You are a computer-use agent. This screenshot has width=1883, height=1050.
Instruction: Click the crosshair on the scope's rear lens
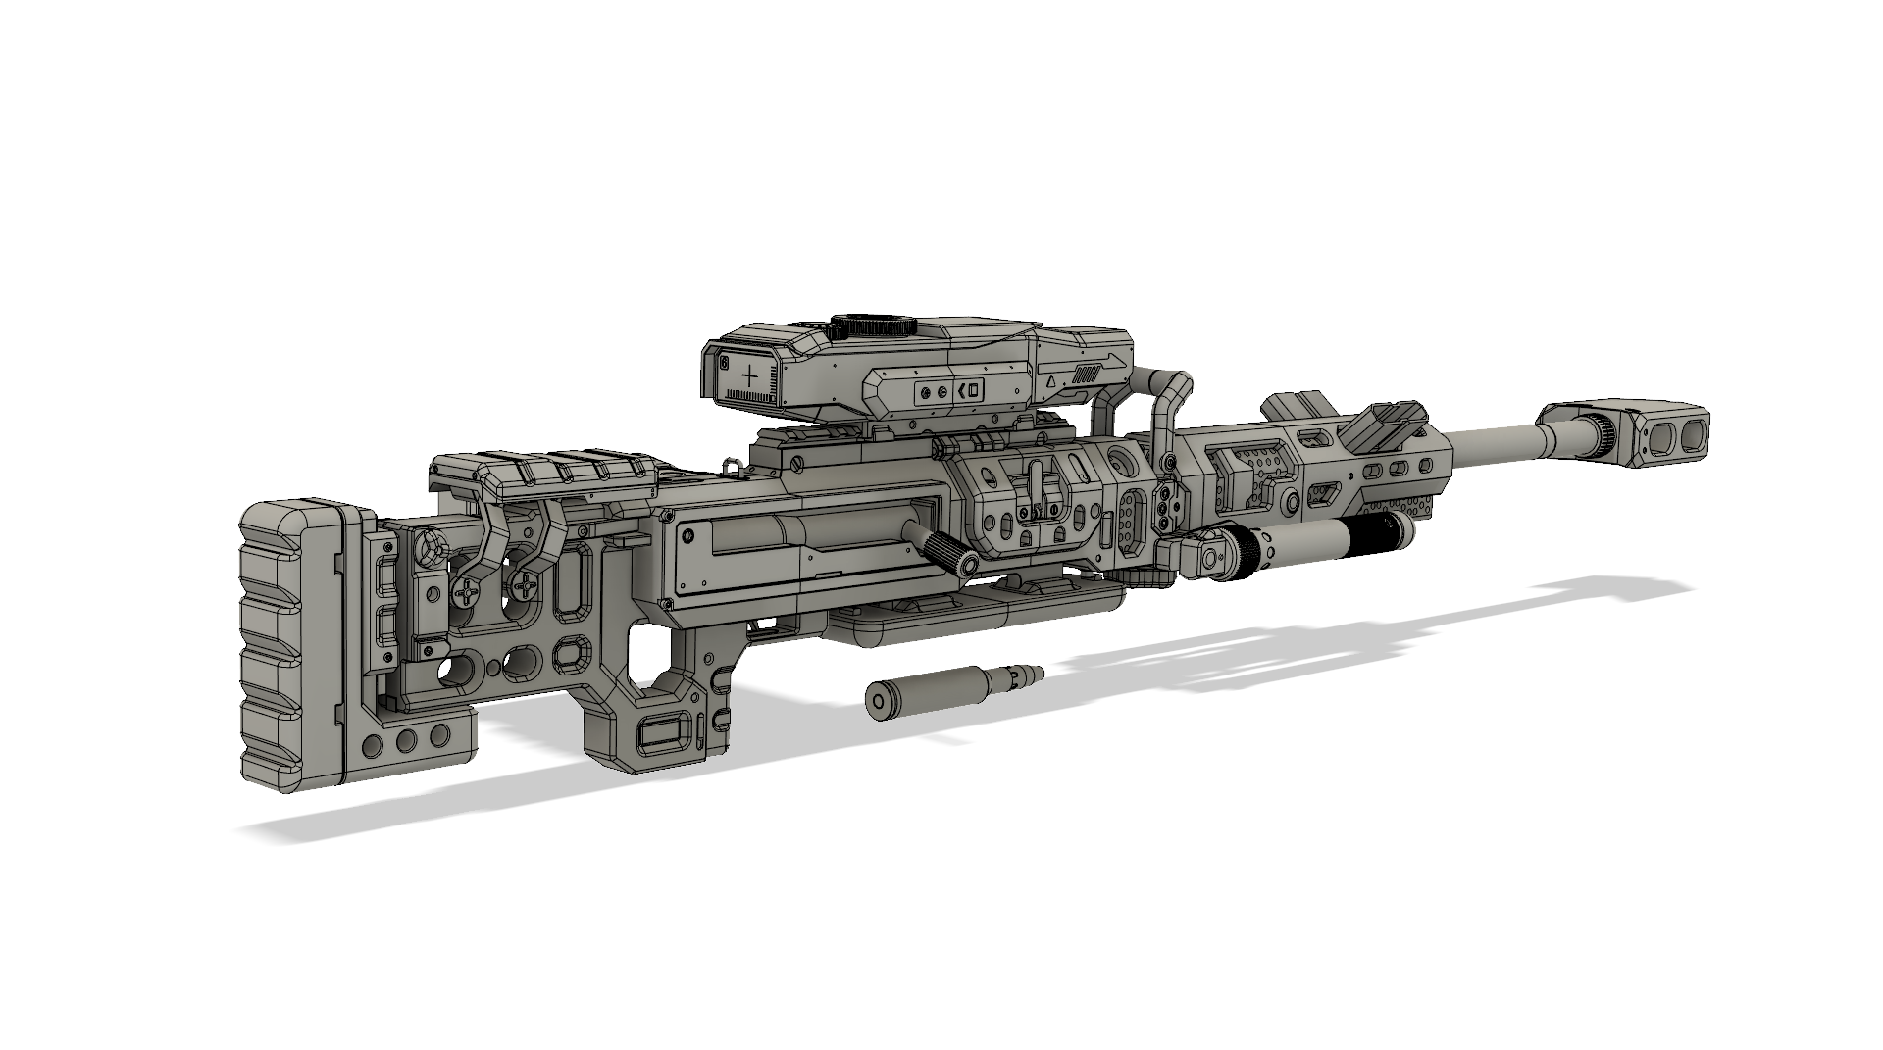point(751,376)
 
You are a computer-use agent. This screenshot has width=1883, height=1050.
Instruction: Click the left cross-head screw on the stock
point(468,592)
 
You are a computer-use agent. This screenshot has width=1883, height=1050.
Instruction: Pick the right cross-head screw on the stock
point(527,588)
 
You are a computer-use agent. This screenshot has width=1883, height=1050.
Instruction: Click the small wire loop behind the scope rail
point(731,465)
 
